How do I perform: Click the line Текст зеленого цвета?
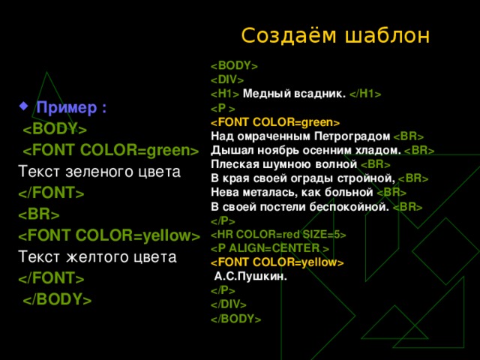pos(98,172)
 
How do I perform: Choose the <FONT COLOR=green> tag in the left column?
pos(109,151)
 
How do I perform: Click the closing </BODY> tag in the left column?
pos(57,300)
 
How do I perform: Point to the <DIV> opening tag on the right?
pos(227,79)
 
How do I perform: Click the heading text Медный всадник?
pos(295,94)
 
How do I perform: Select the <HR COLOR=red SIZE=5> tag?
pos(278,235)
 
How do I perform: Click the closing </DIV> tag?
pos(229,304)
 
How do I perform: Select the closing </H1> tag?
pos(365,94)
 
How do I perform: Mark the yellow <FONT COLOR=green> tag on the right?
pos(275,122)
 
